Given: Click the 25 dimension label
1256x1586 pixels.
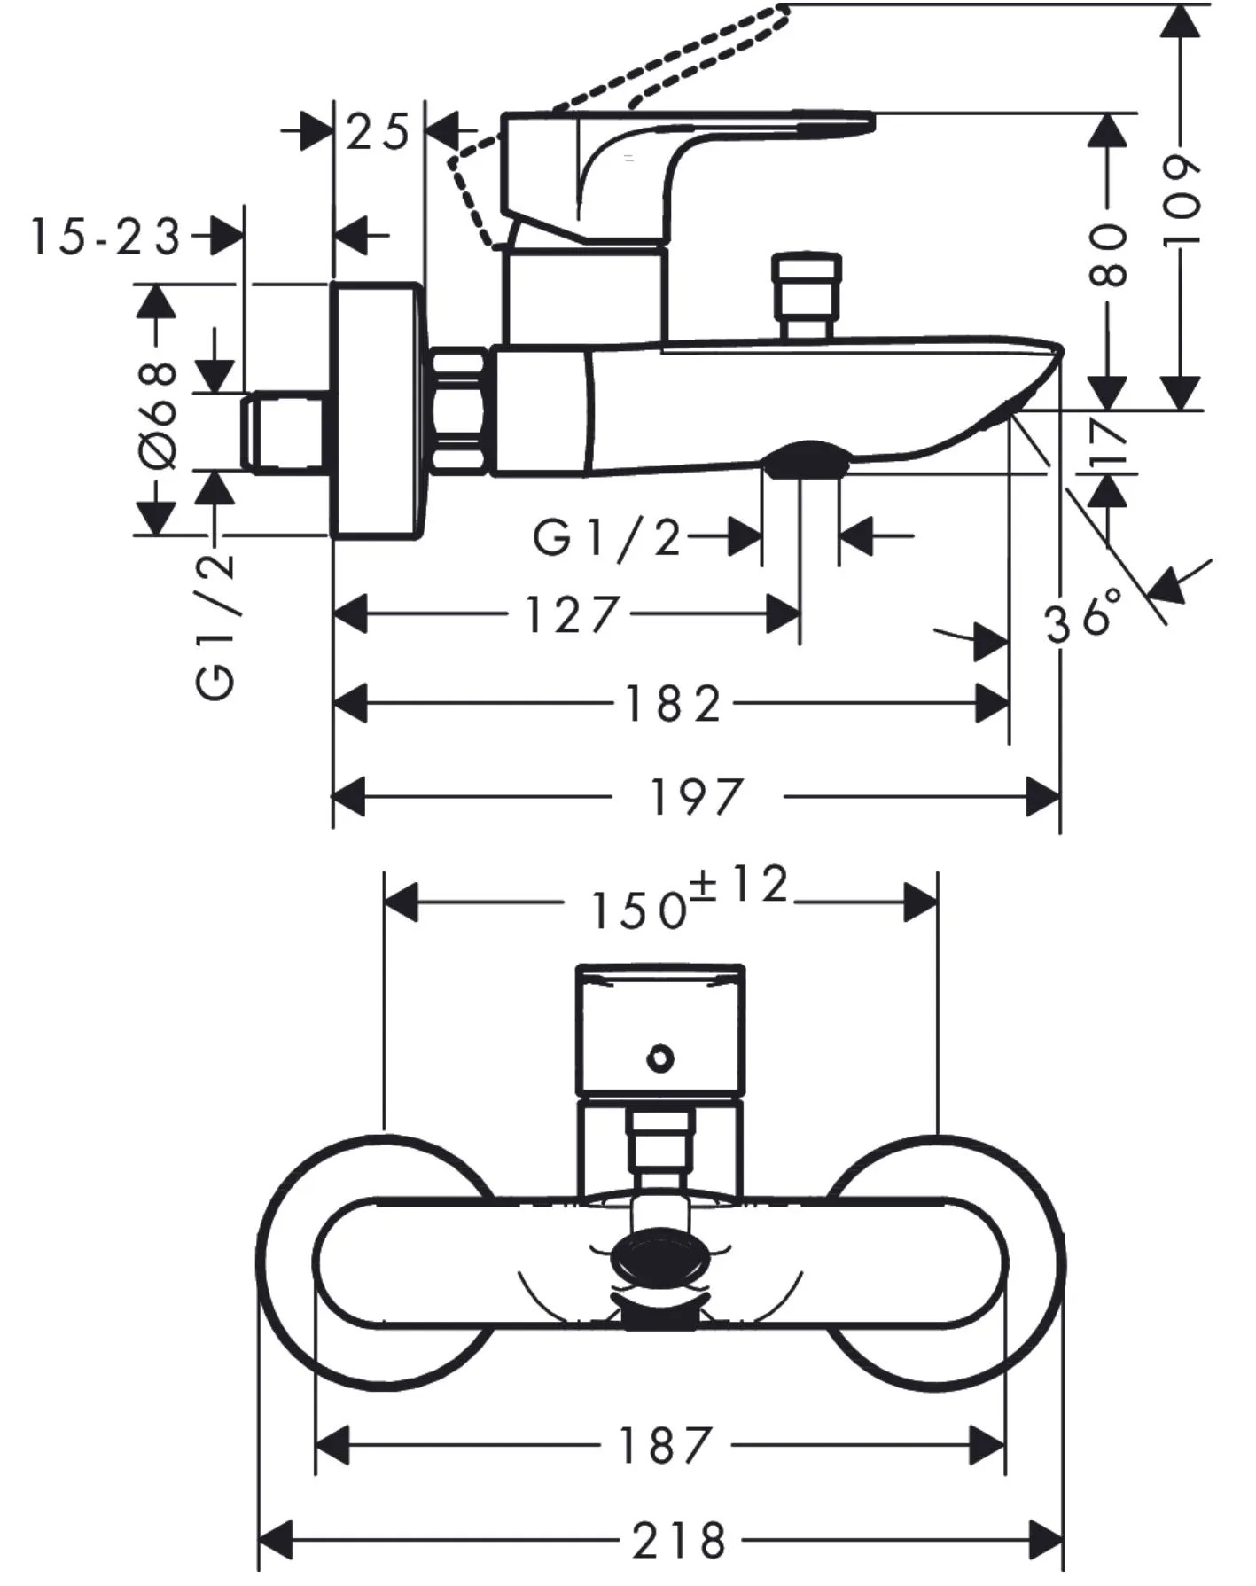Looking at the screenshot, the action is pos(378,133).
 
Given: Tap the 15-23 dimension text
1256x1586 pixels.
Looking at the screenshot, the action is pos(105,237).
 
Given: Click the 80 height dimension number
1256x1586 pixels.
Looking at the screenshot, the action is pos(1107,254).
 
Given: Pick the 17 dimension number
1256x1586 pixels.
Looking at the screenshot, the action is pos(1107,442).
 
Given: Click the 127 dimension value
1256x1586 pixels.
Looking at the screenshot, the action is pos(571,614).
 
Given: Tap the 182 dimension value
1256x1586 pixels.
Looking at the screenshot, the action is pos(673,704).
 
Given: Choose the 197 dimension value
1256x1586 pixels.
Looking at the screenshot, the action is pos(696,796).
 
